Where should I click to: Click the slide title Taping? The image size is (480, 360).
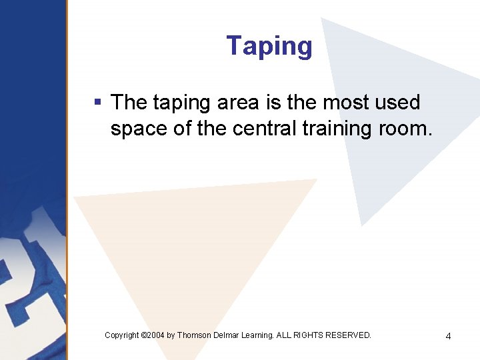269,47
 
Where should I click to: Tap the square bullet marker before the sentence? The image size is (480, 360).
97,103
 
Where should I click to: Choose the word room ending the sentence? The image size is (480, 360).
406,129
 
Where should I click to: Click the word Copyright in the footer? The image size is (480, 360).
122,335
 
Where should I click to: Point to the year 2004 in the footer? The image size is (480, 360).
155,335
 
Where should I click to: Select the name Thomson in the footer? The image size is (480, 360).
193,335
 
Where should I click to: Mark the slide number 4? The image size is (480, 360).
448,336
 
